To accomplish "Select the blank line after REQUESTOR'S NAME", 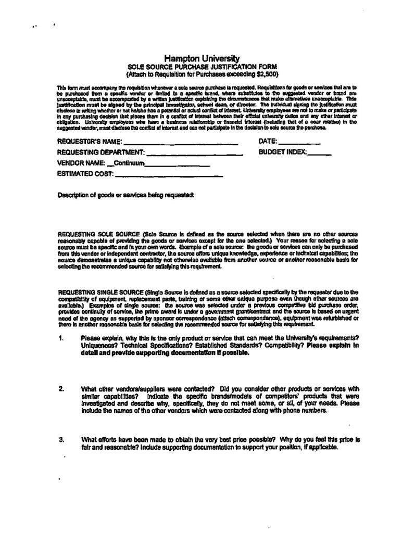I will point(181,142).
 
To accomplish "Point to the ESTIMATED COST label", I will point(84,174).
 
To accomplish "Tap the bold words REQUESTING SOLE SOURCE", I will point(97,235).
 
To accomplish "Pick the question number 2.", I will point(61,388).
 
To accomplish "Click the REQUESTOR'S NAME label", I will point(89,142).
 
